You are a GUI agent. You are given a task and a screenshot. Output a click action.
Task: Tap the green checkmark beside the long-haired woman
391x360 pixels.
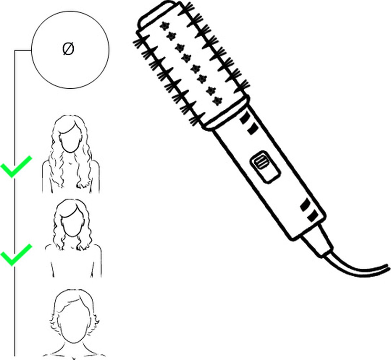(16, 167)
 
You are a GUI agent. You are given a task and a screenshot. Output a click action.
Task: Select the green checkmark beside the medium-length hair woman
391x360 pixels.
(16, 255)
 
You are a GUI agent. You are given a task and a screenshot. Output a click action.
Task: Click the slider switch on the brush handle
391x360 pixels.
(265, 167)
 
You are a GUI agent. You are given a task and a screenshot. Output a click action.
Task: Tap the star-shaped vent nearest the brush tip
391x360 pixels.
(165, 26)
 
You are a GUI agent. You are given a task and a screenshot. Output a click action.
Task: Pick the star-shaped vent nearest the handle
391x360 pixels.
(217, 101)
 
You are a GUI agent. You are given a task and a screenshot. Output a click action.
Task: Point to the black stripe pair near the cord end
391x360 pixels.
(309, 210)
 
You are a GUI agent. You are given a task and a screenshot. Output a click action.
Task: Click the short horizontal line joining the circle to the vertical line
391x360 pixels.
(23, 50)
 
